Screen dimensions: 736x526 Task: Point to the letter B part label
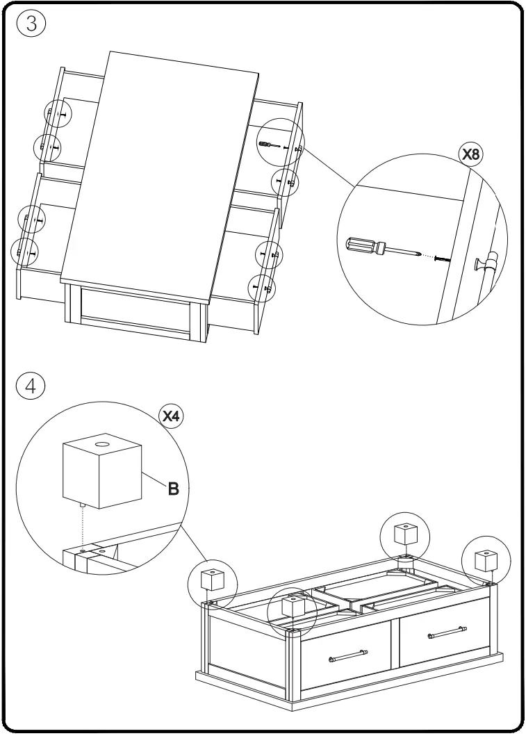[172, 488]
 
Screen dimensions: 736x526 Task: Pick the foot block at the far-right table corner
[484, 559]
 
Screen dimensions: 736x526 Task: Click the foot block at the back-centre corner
[404, 534]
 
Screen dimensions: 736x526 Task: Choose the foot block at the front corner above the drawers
[293, 605]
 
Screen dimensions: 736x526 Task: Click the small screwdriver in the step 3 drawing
[267, 144]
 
